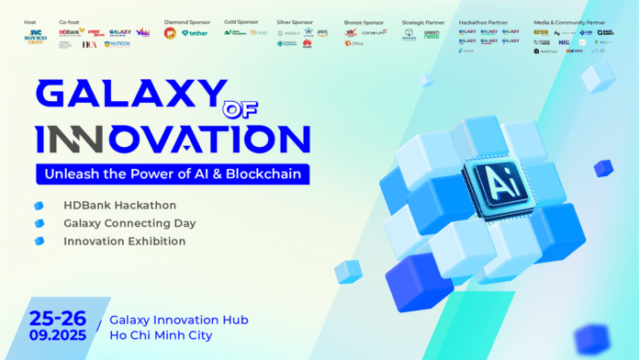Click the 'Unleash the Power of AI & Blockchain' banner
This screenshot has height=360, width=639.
click(172, 174)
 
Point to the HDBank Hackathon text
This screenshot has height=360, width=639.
click(120, 204)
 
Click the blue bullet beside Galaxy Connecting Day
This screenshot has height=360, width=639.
click(39, 223)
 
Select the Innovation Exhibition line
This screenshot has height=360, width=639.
click(124, 242)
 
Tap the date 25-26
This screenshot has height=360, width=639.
click(58, 318)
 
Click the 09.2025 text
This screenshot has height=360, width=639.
click(58, 336)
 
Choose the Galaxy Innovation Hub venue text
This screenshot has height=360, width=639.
click(178, 320)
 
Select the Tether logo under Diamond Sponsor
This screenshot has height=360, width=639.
click(196, 33)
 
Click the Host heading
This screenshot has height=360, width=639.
click(29, 20)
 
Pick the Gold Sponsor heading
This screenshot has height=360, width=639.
click(241, 20)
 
